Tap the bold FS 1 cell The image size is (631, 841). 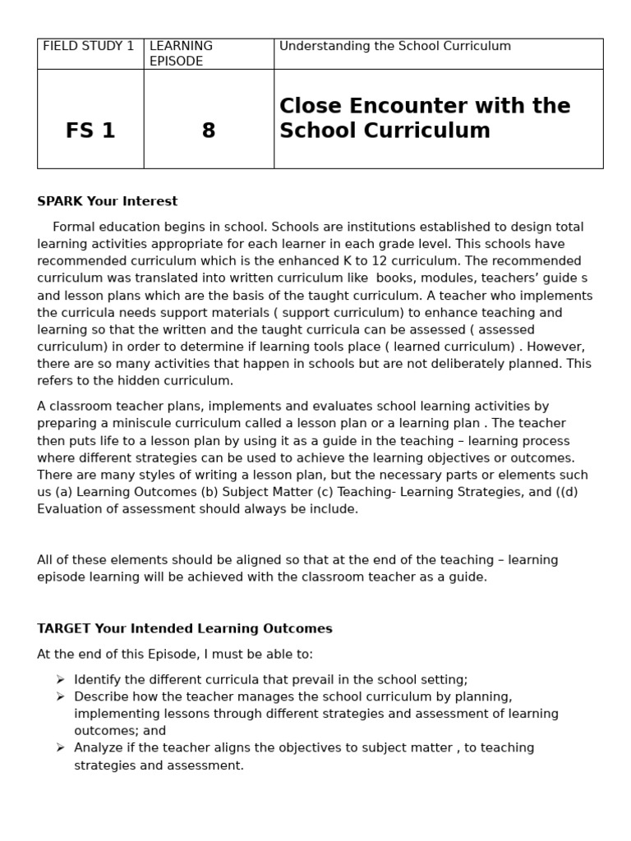click(90, 131)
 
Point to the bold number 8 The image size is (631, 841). click(209, 131)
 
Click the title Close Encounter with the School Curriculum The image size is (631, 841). click(425, 118)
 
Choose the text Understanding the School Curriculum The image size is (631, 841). click(395, 46)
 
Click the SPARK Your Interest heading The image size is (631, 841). click(108, 201)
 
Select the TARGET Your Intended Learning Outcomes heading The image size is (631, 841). click(185, 628)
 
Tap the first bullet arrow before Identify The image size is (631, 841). click(60, 679)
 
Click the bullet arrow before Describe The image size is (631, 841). click(60, 696)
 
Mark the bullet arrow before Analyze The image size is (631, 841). click(60, 747)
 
